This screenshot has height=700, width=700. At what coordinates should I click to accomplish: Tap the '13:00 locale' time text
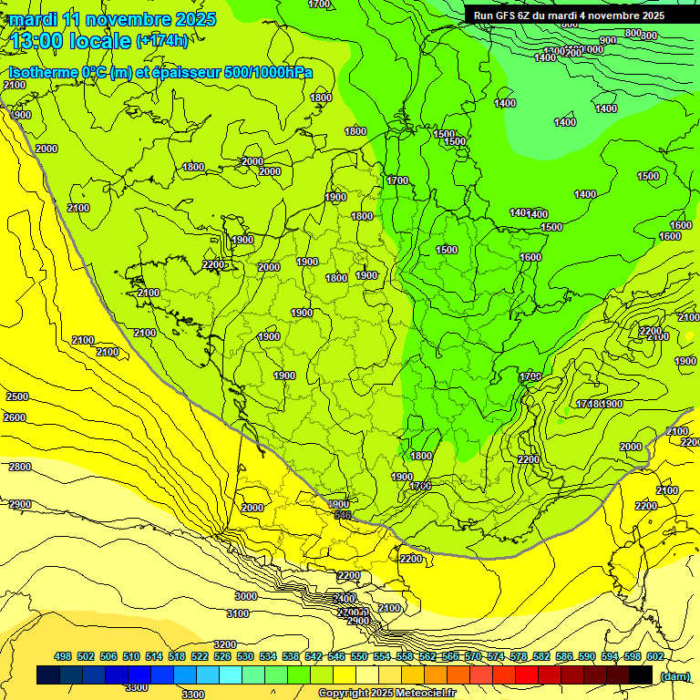71,41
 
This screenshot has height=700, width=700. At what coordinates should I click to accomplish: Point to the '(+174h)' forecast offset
162,41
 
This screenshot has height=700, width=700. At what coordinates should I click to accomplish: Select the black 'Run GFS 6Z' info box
569,15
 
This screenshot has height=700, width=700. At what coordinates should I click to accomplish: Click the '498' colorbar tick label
63,656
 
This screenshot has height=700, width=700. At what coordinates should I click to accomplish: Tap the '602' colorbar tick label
654,656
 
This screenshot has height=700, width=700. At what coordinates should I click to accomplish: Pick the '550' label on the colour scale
358,656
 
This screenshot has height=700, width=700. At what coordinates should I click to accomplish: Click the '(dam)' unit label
674,675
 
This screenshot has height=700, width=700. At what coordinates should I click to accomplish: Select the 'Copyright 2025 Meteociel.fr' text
386,694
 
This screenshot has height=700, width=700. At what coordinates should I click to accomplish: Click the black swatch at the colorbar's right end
642,674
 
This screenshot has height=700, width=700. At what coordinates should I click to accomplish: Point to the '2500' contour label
16,397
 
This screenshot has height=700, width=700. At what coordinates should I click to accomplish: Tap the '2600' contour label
15,417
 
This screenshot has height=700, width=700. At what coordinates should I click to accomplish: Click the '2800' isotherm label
20,467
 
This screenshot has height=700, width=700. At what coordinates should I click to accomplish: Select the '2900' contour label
20,504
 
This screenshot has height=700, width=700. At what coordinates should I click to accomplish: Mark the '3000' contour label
246,596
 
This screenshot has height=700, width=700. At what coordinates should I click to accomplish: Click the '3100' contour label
238,613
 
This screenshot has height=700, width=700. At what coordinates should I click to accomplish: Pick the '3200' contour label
224,644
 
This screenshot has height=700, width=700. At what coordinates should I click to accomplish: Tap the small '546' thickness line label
343,515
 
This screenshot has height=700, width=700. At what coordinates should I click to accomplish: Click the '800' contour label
633,33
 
